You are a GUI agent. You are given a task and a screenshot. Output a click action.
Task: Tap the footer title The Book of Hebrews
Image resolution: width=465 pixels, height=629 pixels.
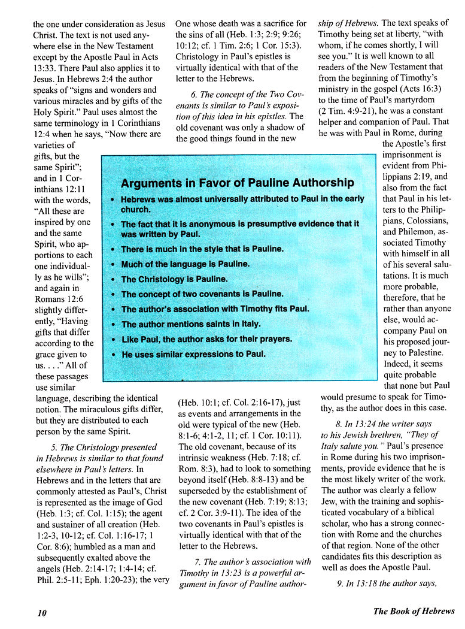point(414,611)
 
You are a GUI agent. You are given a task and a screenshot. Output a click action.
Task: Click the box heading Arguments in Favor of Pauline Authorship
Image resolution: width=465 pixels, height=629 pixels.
point(237,183)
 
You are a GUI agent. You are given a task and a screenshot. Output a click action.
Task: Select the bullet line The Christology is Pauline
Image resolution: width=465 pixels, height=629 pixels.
point(174,279)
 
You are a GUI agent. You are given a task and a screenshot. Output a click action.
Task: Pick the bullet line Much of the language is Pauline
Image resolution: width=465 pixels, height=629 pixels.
point(185,264)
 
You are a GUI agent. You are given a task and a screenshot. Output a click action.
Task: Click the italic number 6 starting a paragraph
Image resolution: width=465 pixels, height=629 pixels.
point(194,95)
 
